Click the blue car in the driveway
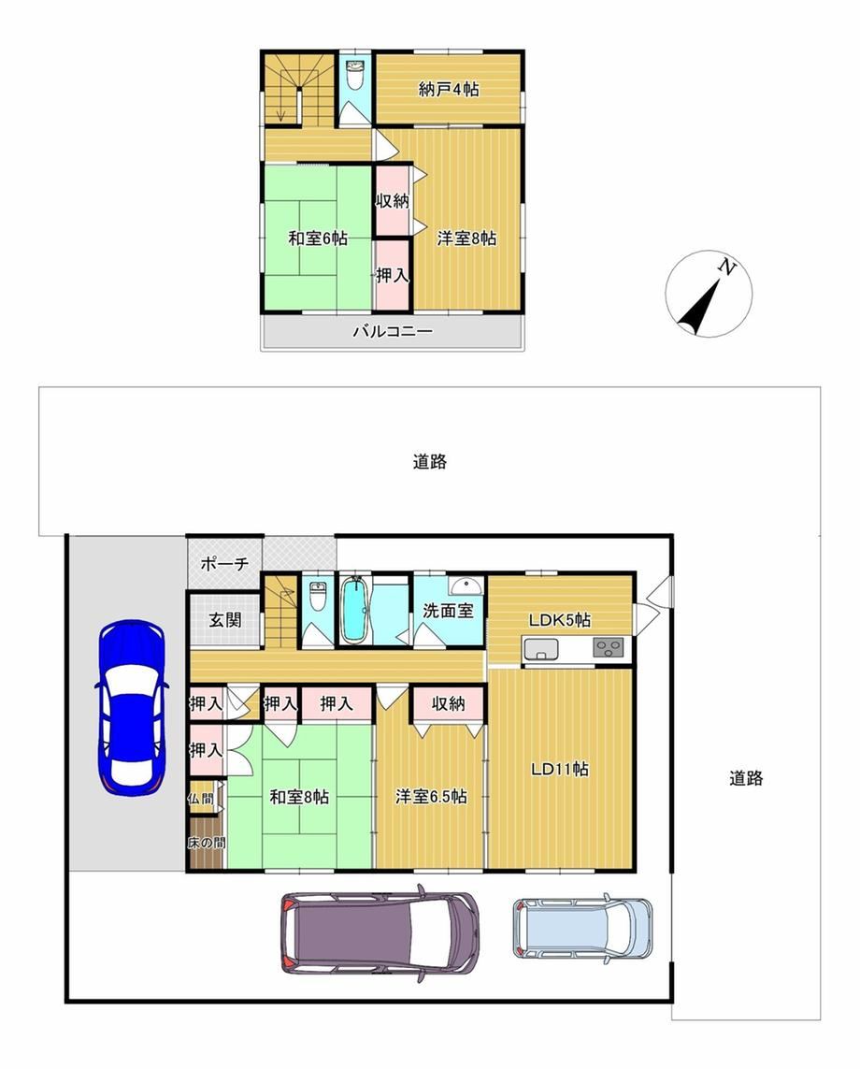coord(132,707)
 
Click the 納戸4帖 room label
coord(449,89)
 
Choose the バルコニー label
coord(393,332)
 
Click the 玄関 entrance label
coord(225,620)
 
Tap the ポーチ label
coord(225,564)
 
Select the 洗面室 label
coord(448,610)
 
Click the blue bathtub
coord(354,610)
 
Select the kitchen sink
coord(540,648)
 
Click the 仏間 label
coord(201,798)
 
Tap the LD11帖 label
coord(560,769)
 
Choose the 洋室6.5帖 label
coord(431,796)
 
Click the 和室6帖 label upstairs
coord(318,238)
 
